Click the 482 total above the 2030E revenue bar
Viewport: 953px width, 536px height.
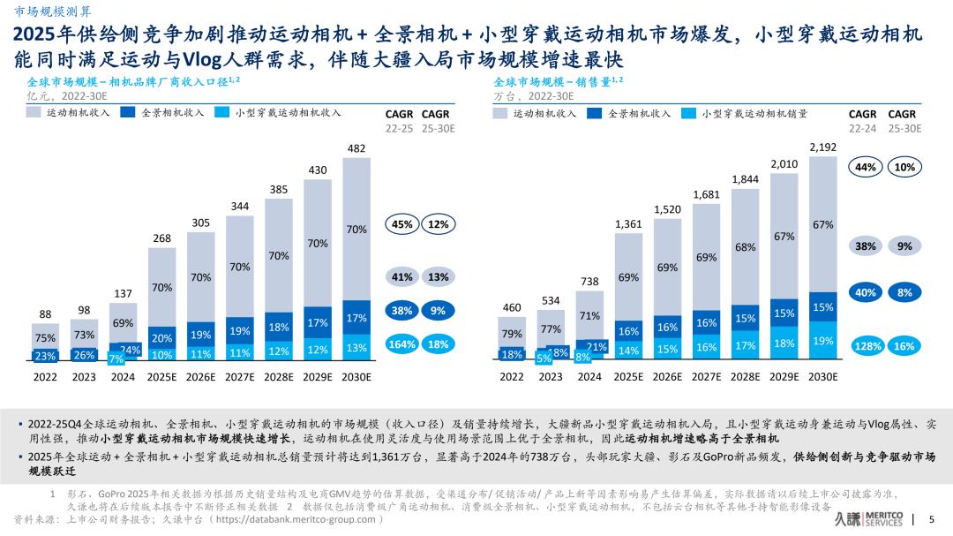[356, 149]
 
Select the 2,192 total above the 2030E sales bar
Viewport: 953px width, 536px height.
[822, 147]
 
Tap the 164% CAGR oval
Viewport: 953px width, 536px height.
[401, 344]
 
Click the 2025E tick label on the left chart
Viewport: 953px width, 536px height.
[162, 376]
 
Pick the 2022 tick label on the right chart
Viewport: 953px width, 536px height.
[511, 376]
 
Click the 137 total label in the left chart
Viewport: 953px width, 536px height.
[124, 292]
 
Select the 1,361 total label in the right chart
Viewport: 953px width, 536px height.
[628, 224]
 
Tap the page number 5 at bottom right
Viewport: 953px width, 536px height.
[933, 520]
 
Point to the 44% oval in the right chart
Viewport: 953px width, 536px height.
[866, 167]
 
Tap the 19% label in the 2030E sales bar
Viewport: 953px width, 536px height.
[822, 341]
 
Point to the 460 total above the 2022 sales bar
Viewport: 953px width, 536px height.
[511, 307]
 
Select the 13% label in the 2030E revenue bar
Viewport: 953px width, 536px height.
[356, 348]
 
